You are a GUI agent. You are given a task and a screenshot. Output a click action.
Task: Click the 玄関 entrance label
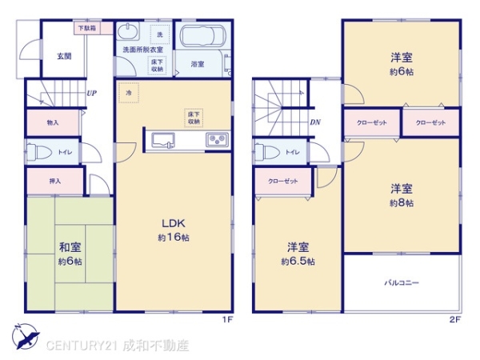pyautogui.click(x=64, y=56)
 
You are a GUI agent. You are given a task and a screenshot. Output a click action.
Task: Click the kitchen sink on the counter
pyautogui.click(x=164, y=140)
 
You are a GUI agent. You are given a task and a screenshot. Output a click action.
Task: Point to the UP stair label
pyautogui.click(x=92, y=93)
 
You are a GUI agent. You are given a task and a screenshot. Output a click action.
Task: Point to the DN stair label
pyautogui.click(x=315, y=122)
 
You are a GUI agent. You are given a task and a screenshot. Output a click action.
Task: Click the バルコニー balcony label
pyautogui.click(x=402, y=282)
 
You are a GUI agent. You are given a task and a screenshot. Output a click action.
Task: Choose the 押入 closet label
pyautogui.click(x=54, y=182)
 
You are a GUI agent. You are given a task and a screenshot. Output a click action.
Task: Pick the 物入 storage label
pyautogui.click(x=54, y=122)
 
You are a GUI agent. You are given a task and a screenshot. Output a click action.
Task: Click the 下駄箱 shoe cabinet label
pyautogui.click(x=86, y=29)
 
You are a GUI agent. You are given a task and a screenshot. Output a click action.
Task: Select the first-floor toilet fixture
pyautogui.click(x=36, y=151)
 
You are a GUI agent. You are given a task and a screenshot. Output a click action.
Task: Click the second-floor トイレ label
pyautogui.click(x=293, y=152)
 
